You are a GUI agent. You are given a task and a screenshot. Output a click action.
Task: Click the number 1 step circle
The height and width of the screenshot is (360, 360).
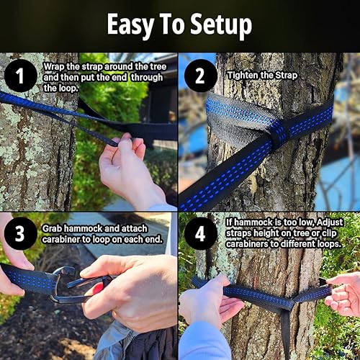[x=21, y=74]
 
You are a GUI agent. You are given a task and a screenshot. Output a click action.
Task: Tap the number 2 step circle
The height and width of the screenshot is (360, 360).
[x=201, y=74]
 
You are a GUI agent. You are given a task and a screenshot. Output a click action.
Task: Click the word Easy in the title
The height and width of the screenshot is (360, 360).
[x=131, y=25]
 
